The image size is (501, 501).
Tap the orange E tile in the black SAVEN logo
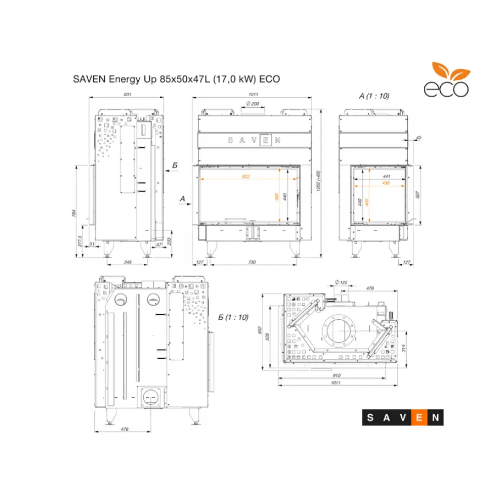tap(419, 416)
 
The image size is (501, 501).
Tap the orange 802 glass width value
tap(245, 176)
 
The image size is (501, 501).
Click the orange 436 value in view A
tap(385, 184)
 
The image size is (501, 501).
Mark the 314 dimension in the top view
tap(402, 348)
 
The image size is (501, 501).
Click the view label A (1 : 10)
tap(374, 95)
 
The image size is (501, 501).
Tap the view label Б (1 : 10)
tap(233, 318)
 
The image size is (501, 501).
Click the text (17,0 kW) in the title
tap(233, 79)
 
